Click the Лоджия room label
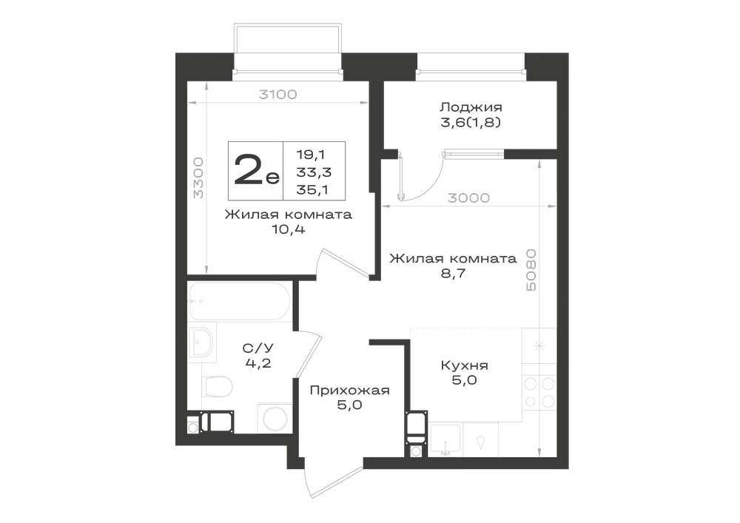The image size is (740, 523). (471, 107)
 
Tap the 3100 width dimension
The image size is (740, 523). (278, 95)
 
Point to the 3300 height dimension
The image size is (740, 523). (199, 178)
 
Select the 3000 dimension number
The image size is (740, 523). (468, 198)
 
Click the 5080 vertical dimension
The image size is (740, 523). (531, 270)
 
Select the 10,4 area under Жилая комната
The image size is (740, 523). (289, 229)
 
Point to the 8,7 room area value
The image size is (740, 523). (453, 274)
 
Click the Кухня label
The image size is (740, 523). (465, 365)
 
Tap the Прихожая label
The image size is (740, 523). (350, 391)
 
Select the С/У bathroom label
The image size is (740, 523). (258, 348)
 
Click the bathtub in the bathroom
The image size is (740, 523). (239, 301)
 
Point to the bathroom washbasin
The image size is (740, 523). (201, 342)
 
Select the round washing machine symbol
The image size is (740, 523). (275, 418)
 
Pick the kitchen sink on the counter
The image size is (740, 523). (445, 439)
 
